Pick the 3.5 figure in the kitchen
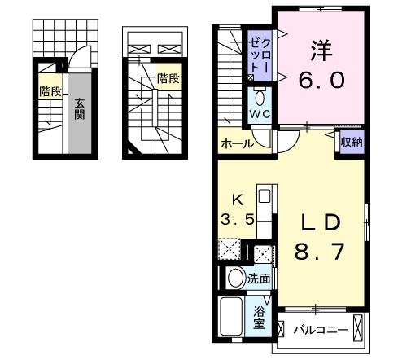click(x=237, y=218)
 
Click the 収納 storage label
click(x=351, y=143)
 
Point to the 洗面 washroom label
click(x=258, y=278)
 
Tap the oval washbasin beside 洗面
click(x=235, y=278)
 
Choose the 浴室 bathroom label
click(x=260, y=317)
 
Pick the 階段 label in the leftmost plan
click(x=50, y=92)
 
